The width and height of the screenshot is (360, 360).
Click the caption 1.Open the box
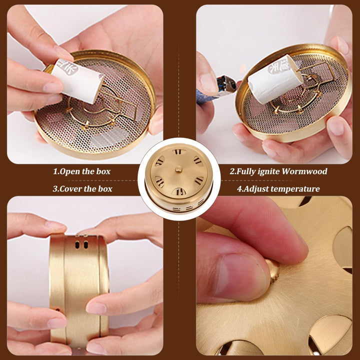click(82, 171)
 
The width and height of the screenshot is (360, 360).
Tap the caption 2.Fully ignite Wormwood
click(278, 171)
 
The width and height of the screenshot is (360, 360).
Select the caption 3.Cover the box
click(82, 188)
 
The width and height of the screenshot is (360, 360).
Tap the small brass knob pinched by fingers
click(273, 270)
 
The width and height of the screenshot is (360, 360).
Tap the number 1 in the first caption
click(55, 171)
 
